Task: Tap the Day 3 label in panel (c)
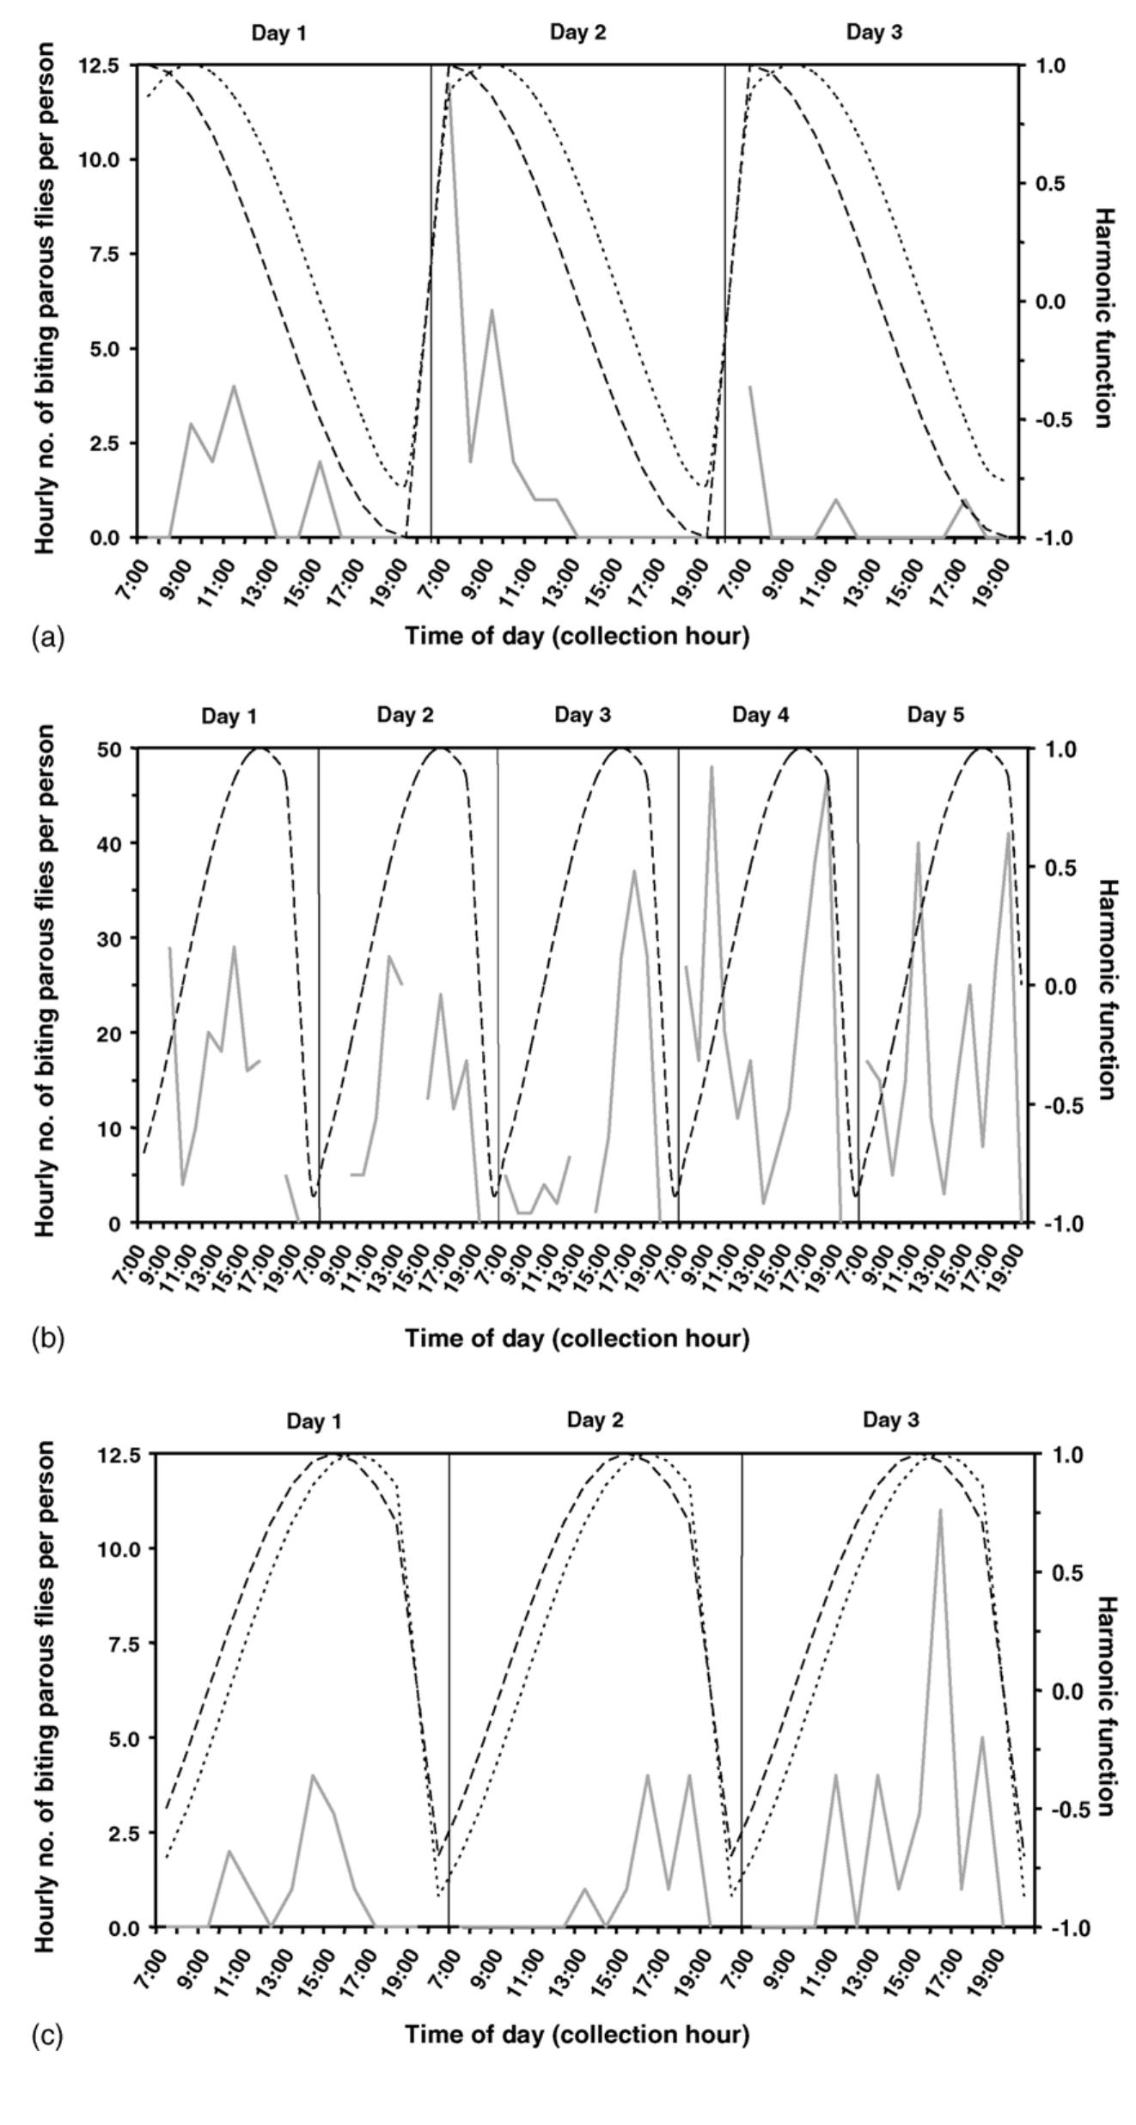click(891, 1420)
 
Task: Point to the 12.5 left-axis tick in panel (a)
click(104, 65)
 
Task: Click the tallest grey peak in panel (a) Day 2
click(449, 84)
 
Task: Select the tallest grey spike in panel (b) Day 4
click(712, 766)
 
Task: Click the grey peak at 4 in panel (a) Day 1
click(234, 386)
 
